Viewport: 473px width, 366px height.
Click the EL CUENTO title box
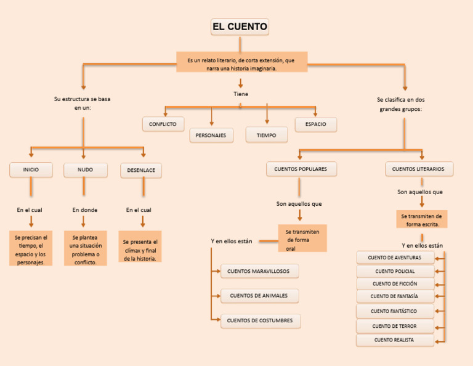pyautogui.click(x=240, y=27)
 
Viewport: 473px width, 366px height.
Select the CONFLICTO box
pyautogui.click(x=163, y=124)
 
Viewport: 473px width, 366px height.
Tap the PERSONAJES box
pyautogui.click(x=211, y=135)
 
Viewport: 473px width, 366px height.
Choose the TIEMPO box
pyautogui.click(x=267, y=135)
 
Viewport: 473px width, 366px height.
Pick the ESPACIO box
pyautogui.click(x=315, y=124)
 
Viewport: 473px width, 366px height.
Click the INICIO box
pyautogui.click(x=31, y=169)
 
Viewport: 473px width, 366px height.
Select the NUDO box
pyautogui.click(x=85, y=169)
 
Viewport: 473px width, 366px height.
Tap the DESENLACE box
pyautogui.click(x=141, y=170)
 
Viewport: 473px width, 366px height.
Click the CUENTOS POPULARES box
pyautogui.click(x=301, y=169)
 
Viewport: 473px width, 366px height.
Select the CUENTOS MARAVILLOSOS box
pyautogui.click(x=259, y=271)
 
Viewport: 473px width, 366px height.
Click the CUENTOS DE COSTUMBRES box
pyautogui.click(x=260, y=320)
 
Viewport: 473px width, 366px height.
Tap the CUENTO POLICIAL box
pyautogui.click(x=395, y=271)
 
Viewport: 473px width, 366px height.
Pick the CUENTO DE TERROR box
pyautogui.click(x=395, y=326)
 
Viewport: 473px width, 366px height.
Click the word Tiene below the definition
pyautogui.click(x=241, y=94)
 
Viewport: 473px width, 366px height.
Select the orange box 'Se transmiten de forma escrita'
pyautogui.click(x=421, y=220)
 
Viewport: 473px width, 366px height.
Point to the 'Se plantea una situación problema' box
pyautogui.click(x=86, y=249)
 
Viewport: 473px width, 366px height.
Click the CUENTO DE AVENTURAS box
pyautogui.click(x=395, y=258)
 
